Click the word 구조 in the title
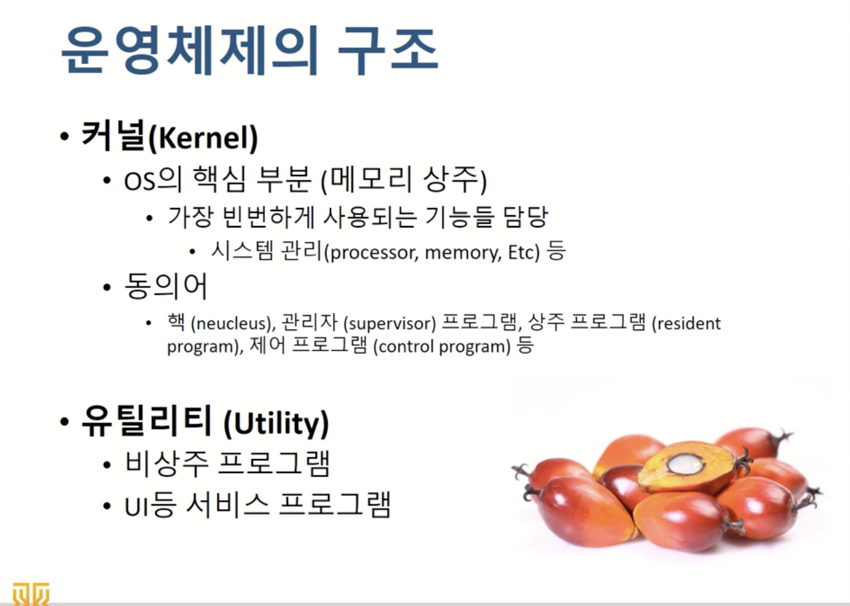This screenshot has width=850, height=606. click(388, 51)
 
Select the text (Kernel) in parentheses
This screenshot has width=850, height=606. click(203, 138)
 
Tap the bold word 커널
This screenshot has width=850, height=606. click(113, 135)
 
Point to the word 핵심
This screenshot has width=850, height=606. click(220, 179)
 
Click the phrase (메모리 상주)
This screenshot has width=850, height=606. click(403, 180)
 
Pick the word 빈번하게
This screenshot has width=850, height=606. click(268, 217)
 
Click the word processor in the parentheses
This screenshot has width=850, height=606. click(373, 253)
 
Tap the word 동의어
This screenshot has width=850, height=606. click(166, 286)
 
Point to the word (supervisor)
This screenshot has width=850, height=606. click(390, 323)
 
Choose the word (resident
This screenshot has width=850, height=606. click(687, 323)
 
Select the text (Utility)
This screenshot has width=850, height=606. click(277, 424)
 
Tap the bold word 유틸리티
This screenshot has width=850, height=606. click(146, 420)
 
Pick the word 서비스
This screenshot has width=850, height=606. click(227, 505)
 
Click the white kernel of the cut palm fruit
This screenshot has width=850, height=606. click(685, 464)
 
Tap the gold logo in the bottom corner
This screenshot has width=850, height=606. click(30, 594)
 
